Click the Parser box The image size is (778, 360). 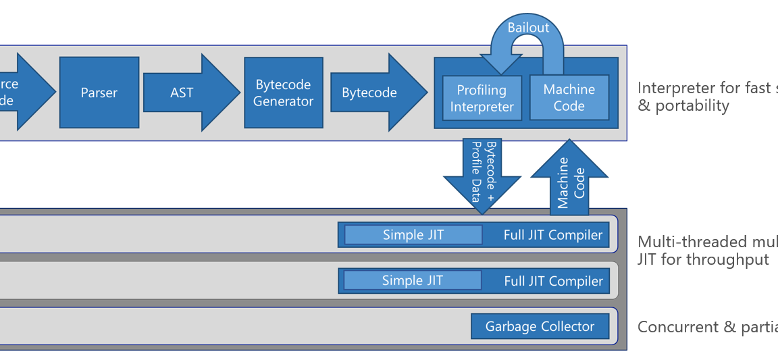(99, 93)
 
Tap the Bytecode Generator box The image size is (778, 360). (284, 93)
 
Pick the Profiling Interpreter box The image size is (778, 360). (482, 98)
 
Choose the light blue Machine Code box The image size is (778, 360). (569, 97)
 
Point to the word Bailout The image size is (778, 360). (528, 28)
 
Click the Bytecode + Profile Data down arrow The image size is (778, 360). (482, 172)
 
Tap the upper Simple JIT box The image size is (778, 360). (413, 235)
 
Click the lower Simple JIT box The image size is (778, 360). (412, 280)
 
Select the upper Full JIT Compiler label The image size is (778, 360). (552, 235)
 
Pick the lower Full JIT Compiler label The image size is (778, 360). (553, 281)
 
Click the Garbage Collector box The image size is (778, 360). (540, 327)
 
